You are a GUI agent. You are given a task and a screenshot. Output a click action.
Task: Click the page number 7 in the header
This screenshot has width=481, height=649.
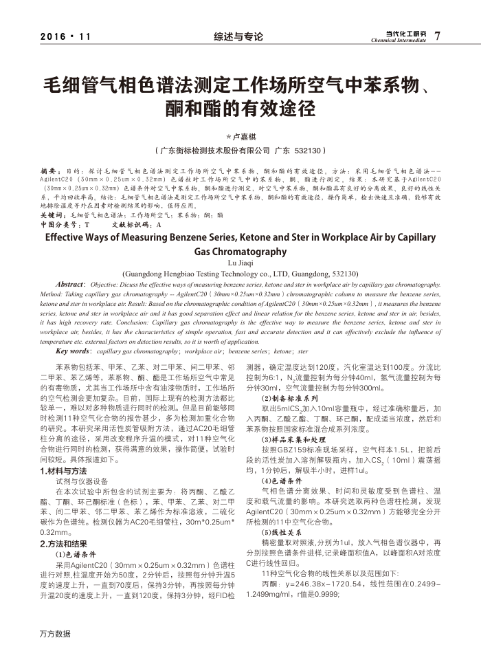(x=438, y=36)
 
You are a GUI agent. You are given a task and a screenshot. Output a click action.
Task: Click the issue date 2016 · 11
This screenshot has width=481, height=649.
(x=65, y=36)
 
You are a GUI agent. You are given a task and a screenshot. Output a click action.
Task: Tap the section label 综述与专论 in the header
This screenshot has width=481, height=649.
(x=238, y=36)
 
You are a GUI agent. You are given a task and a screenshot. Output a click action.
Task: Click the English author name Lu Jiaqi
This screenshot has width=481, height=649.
(x=240, y=262)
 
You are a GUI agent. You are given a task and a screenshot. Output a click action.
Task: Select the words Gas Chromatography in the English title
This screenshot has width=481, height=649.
(x=240, y=251)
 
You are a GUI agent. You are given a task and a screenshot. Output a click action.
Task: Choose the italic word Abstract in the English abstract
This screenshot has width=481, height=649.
(x=70, y=283)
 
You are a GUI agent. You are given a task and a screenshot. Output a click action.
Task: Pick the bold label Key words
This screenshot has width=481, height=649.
(x=74, y=351)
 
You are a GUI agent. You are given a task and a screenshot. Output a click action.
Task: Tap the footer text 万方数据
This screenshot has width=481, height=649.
(x=56, y=633)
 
